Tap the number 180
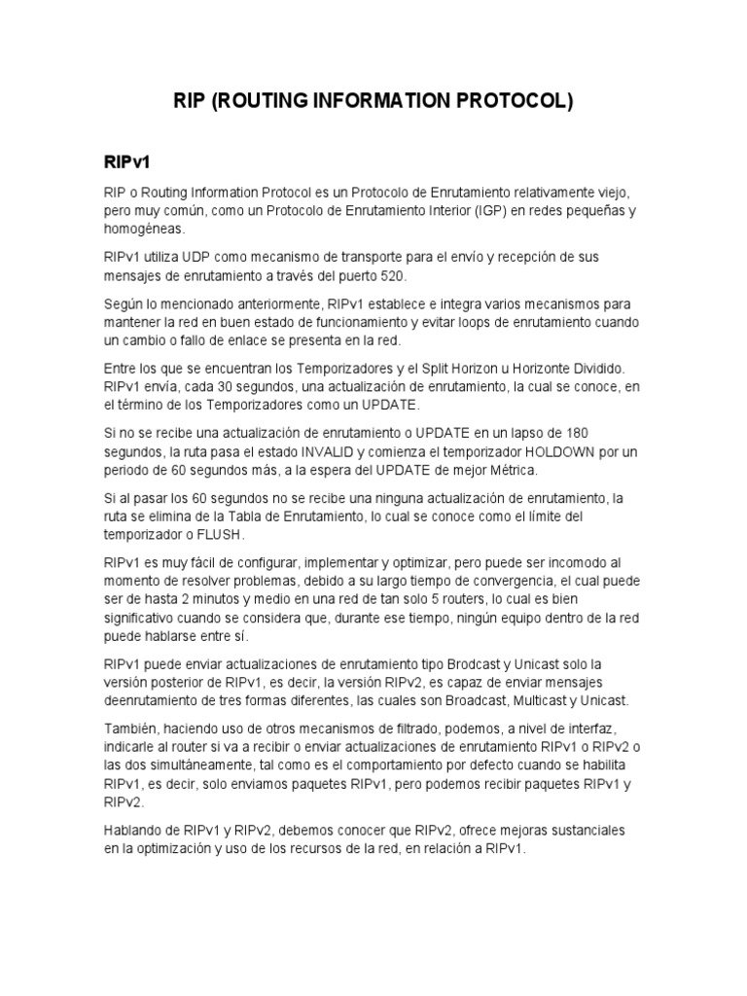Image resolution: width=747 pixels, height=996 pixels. pyautogui.click(x=577, y=433)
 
